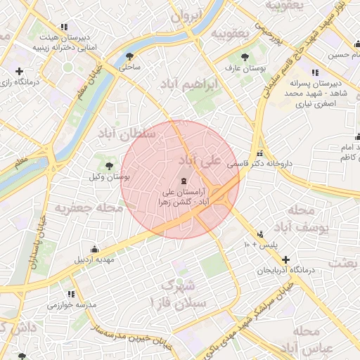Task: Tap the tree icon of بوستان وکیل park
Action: (109, 165)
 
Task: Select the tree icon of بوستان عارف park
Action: (244, 56)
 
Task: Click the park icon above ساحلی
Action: (129, 56)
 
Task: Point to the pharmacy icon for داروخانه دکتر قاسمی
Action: (261, 154)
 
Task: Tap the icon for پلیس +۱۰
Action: (261, 233)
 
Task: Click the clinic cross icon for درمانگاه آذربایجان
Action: (285, 259)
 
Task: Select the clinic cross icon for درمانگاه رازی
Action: (19, 71)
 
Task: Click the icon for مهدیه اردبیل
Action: (95, 248)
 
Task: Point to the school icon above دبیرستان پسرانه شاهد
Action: (314, 72)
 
